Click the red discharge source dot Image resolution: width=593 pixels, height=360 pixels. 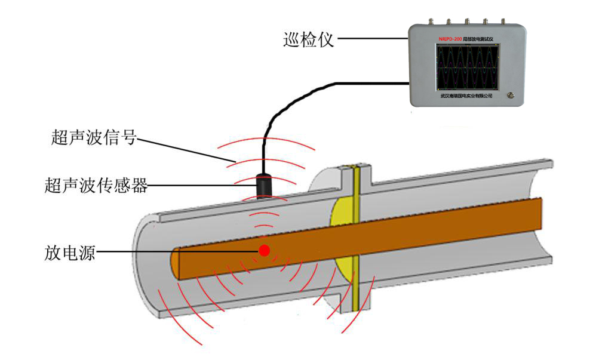[x=264, y=251]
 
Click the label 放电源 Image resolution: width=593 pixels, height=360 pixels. [x=69, y=251]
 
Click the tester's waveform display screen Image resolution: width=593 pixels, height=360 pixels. [x=466, y=66]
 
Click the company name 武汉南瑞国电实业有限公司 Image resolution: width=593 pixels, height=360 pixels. [x=466, y=96]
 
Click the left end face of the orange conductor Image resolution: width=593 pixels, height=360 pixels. [x=176, y=263]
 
